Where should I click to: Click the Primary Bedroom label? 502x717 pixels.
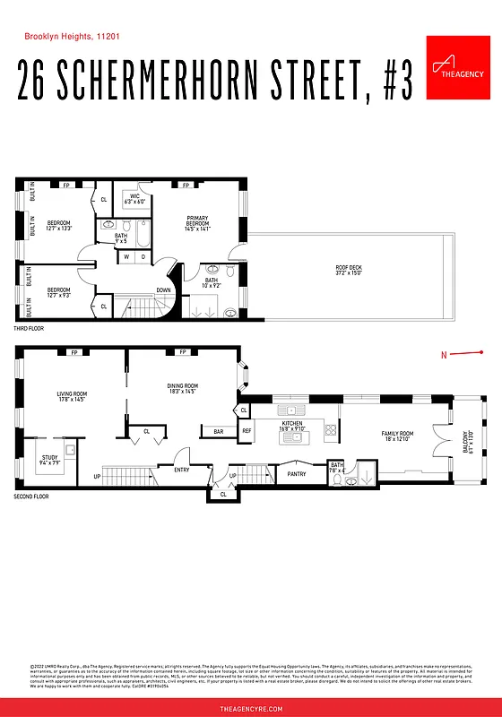197,224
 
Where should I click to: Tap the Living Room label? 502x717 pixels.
72,395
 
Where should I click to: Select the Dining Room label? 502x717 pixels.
182,388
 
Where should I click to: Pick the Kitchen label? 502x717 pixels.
293,425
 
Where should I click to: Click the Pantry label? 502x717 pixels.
297,474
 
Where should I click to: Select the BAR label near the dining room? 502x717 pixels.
218,432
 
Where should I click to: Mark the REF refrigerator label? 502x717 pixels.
247,431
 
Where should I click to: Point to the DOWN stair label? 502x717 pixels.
164,290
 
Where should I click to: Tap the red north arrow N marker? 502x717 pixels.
443,355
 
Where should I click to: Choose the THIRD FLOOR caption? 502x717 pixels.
29,329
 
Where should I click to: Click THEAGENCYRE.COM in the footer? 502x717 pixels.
251,708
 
